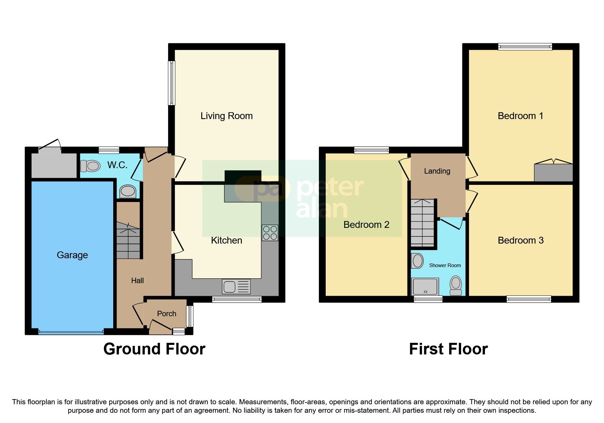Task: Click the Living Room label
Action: click(x=226, y=116)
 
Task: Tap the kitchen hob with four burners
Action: click(x=270, y=233)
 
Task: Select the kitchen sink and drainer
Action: click(x=236, y=287)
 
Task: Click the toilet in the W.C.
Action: click(x=90, y=166)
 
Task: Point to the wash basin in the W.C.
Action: click(x=128, y=191)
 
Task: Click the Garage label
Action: click(x=72, y=255)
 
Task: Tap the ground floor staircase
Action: click(x=128, y=240)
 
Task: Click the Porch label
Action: click(x=166, y=313)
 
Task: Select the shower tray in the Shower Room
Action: click(x=425, y=286)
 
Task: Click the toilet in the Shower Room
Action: click(x=456, y=285)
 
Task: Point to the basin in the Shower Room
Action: click(x=417, y=261)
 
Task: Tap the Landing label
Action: click(x=437, y=171)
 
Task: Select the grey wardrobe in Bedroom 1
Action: click(x=553, y=173)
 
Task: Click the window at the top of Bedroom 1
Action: click(x=525, y=47)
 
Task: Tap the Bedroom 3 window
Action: click(x=528, y=299)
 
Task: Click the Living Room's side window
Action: click(x=172, y=83)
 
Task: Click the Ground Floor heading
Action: click(x=154, y=349)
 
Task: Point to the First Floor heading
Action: click(x=448, y=349)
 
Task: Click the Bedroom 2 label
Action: click(x=366, y=225)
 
